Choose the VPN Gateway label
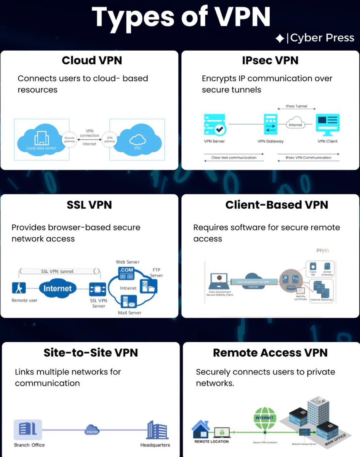(x=270, y=141)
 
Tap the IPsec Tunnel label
(x=296, y=106)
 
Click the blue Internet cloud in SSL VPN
(x=58, y=288)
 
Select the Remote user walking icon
(x=19, y=289)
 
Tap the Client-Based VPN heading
(x=277, y=205)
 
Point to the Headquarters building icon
(x=157, y=430)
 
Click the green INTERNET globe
(x=264, y=418)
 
